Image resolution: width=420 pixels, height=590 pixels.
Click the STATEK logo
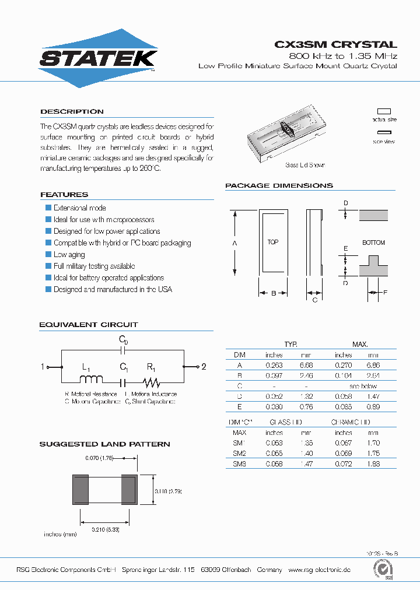(x=98, y=58)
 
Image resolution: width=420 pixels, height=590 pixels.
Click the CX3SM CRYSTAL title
(x=335, y=44)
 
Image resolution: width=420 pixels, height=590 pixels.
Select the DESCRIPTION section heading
(x=72, y=111)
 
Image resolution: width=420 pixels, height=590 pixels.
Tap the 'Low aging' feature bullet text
(x=69, y=255)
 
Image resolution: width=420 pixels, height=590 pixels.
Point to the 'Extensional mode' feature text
(x=79, y=208)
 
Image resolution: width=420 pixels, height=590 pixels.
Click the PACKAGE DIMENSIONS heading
(x=279, y=185)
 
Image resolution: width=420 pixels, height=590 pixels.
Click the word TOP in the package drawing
(x=272, y=242)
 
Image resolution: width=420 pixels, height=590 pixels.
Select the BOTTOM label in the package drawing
(x=373, y=243)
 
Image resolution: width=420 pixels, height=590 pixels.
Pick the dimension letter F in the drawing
(x=385, y=292)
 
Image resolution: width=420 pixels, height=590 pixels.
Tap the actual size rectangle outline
(x=384, y=111)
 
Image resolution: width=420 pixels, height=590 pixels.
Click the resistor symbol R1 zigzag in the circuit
(x=152, y=382)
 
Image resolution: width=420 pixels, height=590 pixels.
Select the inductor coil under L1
(x=90, y=380)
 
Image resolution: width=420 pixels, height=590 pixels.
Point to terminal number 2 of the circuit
(x=204, y=367)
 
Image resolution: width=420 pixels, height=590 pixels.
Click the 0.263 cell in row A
(x=274, y=365)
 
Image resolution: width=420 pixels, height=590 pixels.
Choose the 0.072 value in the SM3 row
(x=343, y=463)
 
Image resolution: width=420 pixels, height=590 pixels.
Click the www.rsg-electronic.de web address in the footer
(x=319, y=570)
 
